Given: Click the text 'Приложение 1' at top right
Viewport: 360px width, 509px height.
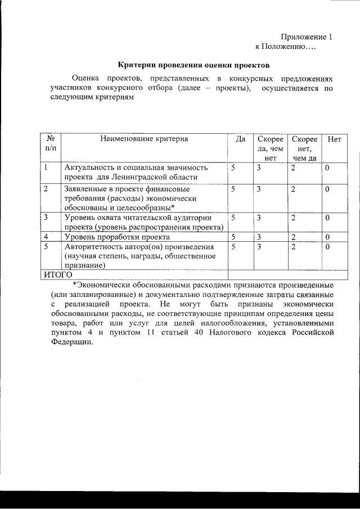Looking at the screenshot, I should click(307, 37).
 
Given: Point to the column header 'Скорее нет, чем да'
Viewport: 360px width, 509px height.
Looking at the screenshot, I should click(304, 148).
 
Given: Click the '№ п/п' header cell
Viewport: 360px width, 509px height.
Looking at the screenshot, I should click(50, 143).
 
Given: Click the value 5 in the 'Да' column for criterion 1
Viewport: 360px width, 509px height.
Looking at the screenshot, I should click(232, 168).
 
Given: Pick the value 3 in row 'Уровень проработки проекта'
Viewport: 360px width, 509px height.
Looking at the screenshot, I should click(259, 237).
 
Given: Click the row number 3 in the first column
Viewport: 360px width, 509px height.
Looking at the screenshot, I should click(46, 217).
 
